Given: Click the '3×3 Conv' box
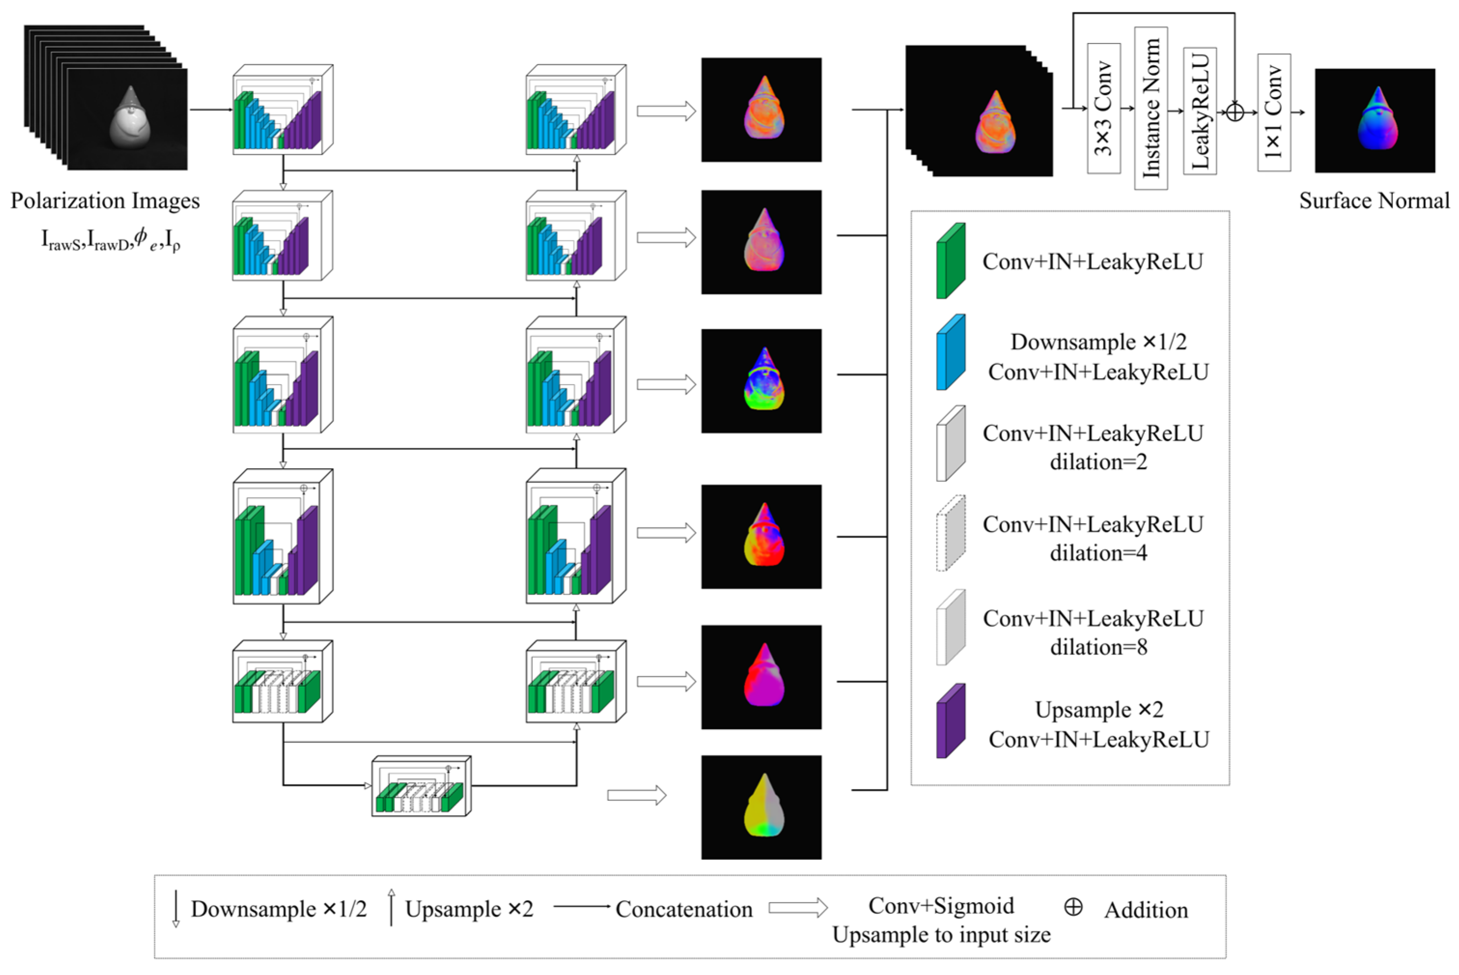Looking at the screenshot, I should [1103, 108].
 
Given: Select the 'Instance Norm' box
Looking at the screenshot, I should [1151, 108].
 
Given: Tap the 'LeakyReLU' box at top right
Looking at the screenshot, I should [1200, 111].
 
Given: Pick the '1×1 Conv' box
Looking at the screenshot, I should [1274, 112].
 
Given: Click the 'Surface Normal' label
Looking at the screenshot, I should [1374, 201].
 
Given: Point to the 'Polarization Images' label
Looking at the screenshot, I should [105, 201].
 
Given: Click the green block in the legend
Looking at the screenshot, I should [950, 261].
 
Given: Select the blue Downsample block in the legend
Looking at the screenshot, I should [950, 352].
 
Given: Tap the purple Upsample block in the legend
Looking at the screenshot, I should [950, 721].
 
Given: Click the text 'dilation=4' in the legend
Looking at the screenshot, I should [1098, 553].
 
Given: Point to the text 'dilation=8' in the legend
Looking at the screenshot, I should [1098, 647].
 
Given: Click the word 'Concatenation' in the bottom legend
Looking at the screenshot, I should [684, 910].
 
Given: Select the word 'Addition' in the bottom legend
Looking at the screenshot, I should [1146, 910].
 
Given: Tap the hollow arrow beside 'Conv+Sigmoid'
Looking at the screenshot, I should [798, 908].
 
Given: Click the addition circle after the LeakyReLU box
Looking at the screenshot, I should [1235, 112].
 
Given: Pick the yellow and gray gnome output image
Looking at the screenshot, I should [762, 807].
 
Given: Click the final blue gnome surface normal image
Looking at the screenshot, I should [1375, 121].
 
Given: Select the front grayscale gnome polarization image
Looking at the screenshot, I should [127, 119].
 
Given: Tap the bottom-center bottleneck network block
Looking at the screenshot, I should [421, 786].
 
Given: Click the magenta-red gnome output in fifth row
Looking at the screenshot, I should [762, 677].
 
